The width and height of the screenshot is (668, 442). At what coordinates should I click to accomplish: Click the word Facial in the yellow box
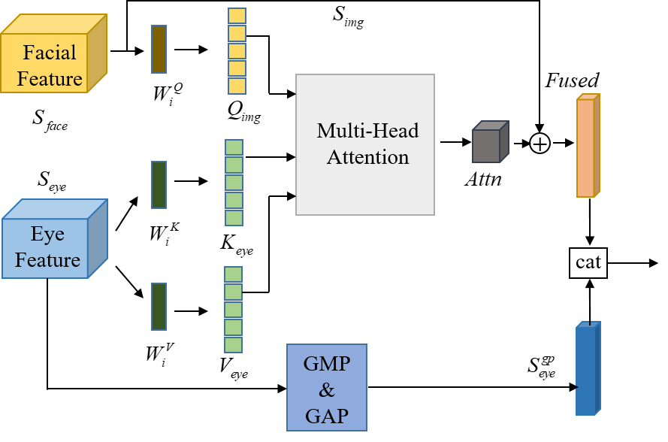tap(50, 53)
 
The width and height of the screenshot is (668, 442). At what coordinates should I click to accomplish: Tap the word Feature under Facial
tap(50, 78)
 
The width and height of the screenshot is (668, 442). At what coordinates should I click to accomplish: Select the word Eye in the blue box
tap(47, 234)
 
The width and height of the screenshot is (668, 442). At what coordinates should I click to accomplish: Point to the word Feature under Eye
tap(47, 260)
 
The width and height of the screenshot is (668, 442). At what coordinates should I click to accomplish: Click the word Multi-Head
tap(367, 131)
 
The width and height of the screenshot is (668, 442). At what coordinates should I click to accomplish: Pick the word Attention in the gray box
tap(367, 157)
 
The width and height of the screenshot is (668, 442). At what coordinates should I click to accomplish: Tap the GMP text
tap(326, 364)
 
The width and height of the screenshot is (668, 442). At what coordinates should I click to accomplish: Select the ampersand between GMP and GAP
tap(326, 390)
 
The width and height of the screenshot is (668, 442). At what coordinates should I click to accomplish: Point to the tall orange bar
tap(586, 147)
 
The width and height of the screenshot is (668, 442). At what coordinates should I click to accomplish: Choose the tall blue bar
tap(586, 370)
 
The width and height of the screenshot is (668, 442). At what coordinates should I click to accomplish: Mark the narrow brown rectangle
tap(159, 49)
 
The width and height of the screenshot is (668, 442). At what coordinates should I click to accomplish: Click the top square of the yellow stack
tap(237, 16)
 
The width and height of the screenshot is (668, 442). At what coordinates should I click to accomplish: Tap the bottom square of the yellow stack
tap(237, 86)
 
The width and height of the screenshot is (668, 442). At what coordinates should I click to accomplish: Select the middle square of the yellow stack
tap(237, 51)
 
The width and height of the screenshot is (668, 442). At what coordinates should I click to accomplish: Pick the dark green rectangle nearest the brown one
tap(159, 184)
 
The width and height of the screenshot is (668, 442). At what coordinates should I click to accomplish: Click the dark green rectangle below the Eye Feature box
tap(159, 306)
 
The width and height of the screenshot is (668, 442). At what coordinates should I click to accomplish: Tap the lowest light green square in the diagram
tap(234, 344)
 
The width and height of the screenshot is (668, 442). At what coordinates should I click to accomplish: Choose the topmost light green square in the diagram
tap(234, 147)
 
